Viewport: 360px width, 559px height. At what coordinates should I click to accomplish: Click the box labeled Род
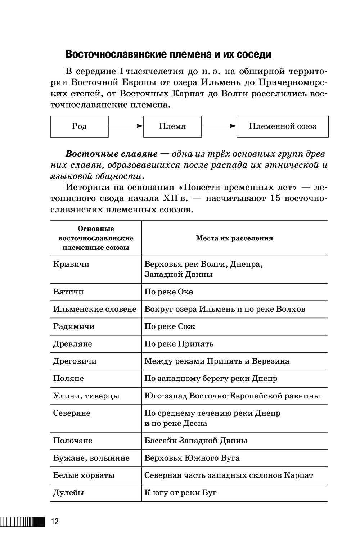[x=79, y=126]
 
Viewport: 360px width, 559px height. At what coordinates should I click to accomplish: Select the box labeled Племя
[x=172, y=126]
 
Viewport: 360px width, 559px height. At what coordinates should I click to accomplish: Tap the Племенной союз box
[x=282, y=126]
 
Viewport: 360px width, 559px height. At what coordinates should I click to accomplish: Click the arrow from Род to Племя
[x=126, y=126]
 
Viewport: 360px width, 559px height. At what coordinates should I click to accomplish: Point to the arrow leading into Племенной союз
[x=219, y=126]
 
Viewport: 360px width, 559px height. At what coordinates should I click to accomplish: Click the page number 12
[x=55, y=521]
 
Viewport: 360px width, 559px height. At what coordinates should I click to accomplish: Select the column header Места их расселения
[x=234, y=238]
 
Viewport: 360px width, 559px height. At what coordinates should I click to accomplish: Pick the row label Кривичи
[x=71, y=264]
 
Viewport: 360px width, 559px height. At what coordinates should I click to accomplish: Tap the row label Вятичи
[x=68, y=292]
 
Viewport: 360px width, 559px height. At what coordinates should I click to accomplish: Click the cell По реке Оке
[x=168, y=292]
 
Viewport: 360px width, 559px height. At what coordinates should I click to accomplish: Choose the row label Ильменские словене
[x=95, y=309]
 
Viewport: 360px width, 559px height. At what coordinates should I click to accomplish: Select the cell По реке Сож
[x=170, y=326]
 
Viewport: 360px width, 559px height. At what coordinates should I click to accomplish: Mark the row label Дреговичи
[x=75, y=361]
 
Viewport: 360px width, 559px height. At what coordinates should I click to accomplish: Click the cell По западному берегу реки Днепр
[x=211, y=378]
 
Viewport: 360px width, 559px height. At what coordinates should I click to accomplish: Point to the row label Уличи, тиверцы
[x=86, y=396]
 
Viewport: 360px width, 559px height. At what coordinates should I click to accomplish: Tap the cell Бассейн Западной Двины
[x=196, y=441]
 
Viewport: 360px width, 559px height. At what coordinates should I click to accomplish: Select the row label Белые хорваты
[x=84, y=475]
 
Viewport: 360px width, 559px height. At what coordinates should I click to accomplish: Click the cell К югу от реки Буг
[x=180, y=493]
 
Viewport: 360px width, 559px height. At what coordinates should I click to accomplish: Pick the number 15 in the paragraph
[x=275, y=198]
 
